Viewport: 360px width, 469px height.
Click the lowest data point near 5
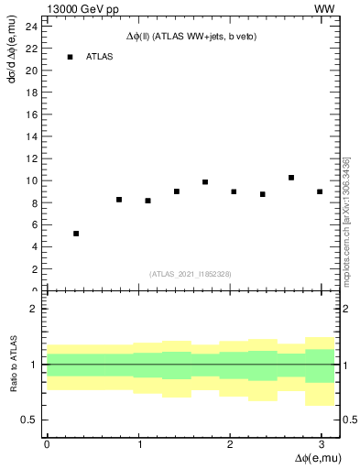point(76,234)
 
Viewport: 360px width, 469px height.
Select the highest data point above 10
point(291,178)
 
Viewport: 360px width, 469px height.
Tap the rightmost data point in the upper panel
point(320,191)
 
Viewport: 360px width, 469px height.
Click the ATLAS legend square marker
point(70,57)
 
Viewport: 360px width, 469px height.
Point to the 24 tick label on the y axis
point(31,27)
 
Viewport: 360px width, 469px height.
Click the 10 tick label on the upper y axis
point(31,180)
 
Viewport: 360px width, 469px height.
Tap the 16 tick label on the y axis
point(31,115)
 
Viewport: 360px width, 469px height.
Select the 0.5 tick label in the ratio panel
point(28,420)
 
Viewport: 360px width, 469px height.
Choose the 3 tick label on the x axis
point(321,443)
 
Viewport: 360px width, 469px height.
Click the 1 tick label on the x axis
point(138,443)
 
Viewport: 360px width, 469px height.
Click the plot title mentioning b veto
point(191,37)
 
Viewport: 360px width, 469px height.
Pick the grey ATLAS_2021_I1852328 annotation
point(191,274)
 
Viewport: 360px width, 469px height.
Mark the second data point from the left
point(119,199)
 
